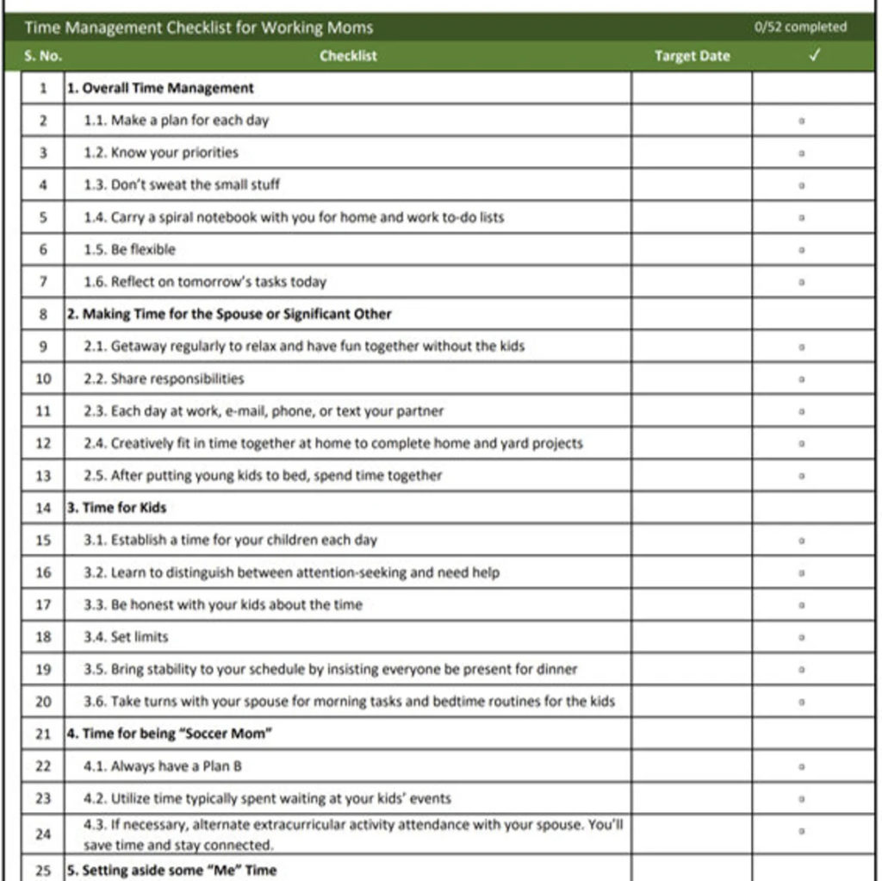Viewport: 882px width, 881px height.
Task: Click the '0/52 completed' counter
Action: pyautogui.click(x=800, y=27)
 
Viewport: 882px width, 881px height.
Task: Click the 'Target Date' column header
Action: pyautogui.click(x=692, y=56)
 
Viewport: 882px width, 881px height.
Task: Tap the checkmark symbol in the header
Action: pyautogui.click(x=814, y=56)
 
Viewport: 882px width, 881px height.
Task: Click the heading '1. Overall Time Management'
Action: pyautogui.click(x=160, y=88)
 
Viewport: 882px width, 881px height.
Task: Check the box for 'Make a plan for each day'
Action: pyautogui.click(x=802, y=121)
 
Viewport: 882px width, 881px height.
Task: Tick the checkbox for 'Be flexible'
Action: pyautogui.click(x=802, y=250)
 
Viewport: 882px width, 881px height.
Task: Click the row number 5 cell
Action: pyautogui.click(x=43, y=217)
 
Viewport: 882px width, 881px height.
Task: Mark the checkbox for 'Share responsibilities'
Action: pyautogui.click(x=802, y=378)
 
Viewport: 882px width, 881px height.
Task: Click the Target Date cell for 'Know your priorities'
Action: pyautogui.click(x=692, y=153)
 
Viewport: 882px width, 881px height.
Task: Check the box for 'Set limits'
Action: pyautogui.click(x=802, y=637)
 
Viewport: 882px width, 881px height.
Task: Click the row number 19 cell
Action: pyautogui.click(x=43, y=669)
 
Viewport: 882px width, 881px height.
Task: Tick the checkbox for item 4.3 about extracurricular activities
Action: pyautogui.click(x=802, y=832)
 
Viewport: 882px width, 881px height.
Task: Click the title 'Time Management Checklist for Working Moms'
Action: pyautogui.click(x=199, y=28)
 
